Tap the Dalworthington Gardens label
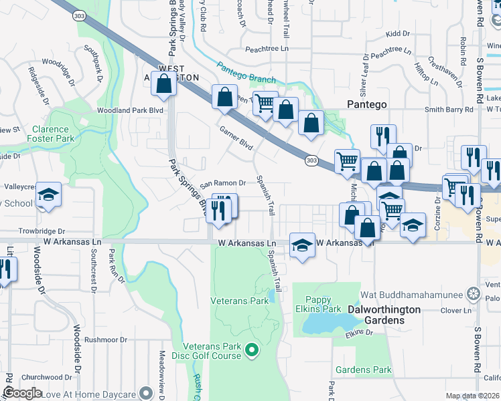[x=384, y=315]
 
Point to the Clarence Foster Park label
[x=50, y=134]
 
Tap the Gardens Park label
[x=364, y=370]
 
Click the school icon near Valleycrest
[x=48, y=194]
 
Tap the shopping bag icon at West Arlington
[x=164, y=85]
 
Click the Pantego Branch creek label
[x=245, y=74]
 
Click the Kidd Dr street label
[x=397, y=33]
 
